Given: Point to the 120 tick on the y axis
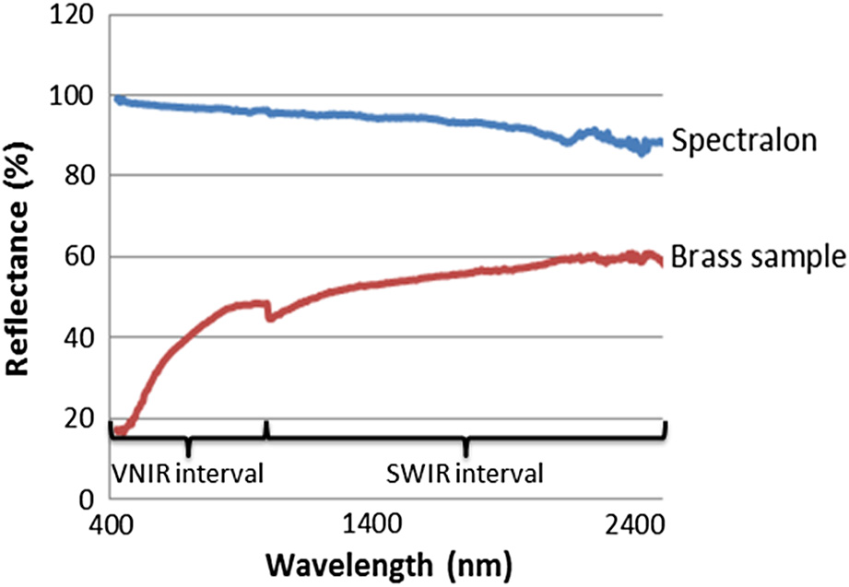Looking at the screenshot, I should [x=75, y=15].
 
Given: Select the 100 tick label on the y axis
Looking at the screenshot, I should [x=75, y=96].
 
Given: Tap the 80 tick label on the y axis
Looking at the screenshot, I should [x=80, y=176].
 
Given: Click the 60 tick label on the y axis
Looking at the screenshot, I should [x=80, y=257].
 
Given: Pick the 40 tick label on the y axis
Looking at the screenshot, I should [x=80, y=337].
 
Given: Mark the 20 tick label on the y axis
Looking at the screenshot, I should [x=80, y=418].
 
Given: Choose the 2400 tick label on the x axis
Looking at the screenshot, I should [x=636, y=528].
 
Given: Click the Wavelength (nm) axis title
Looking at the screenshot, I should [x=385, y=562].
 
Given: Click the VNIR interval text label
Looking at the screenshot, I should [x=187, y=475].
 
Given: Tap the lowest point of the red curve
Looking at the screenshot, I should [x=120, y=430].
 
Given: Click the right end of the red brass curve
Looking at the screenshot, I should [x=661, y=263].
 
